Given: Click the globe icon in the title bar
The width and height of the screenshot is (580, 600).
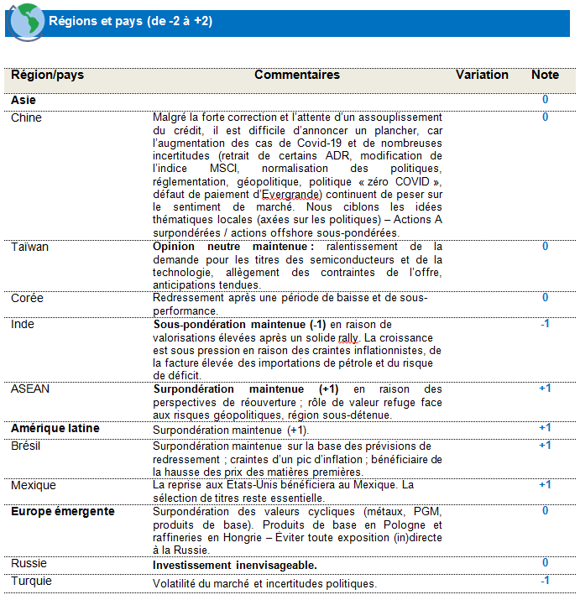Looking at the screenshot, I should coord(24,20).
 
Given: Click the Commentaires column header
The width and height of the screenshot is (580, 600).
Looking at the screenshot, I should coord(297,75).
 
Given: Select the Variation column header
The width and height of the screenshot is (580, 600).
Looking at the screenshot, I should coord(482,75).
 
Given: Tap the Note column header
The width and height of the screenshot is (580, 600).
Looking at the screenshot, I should coord(545,75).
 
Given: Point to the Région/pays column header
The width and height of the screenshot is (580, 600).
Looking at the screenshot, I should coord(47,75).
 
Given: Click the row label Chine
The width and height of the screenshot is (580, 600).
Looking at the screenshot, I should coord(26,117).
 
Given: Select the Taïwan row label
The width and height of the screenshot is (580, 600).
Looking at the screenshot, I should coord(29,247).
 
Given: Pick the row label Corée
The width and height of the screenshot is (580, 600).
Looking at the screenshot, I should coord(27,298).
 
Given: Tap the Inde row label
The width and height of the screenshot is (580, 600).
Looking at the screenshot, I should coord(24,324).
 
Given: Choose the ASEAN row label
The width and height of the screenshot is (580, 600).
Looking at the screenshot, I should coord(30,389).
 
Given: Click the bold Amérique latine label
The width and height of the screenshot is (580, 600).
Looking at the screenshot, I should coord(55,428).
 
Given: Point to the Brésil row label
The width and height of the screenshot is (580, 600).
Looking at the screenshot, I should coord(26,446).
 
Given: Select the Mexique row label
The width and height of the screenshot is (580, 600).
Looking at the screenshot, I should coord(34,485).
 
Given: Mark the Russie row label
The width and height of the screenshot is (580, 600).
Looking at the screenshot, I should coord(29,563).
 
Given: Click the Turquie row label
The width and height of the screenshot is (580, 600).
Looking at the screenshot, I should coord(31,581).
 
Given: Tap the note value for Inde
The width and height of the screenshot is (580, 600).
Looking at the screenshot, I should coord(545,324).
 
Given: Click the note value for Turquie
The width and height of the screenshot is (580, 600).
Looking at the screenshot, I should coord(545,581).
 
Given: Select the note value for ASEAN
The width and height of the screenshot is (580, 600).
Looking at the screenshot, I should coord(545,389).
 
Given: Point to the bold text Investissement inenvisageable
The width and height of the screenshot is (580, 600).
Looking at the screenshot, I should coord(235,565).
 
